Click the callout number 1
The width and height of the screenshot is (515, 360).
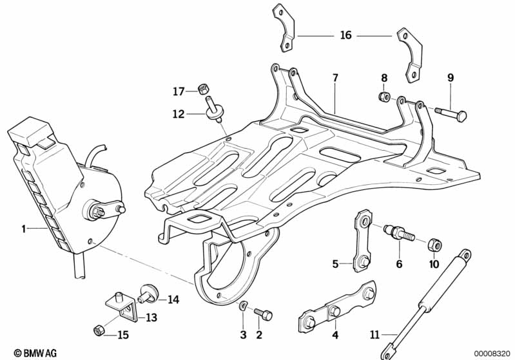23,228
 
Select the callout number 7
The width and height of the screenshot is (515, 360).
335,79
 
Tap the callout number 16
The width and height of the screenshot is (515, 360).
346,35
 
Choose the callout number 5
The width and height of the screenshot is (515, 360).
335,263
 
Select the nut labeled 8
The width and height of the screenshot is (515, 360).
383,97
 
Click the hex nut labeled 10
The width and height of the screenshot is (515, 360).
434,245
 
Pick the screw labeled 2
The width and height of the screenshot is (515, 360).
264,314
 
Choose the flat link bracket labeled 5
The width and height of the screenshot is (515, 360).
362,241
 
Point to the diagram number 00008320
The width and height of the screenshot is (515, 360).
492,353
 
